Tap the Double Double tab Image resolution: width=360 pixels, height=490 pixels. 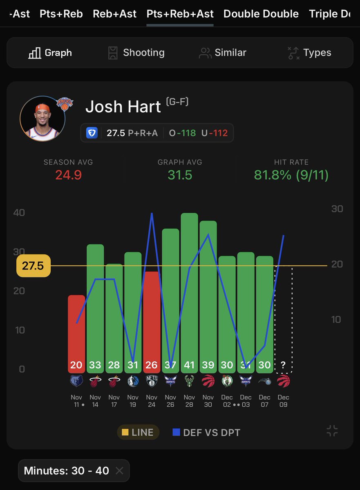point(261,14)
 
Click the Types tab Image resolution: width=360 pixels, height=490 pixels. point(309,53)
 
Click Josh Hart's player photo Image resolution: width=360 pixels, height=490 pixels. point(42,119)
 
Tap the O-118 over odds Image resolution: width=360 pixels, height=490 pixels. point(182,133)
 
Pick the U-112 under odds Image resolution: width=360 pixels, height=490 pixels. point(214,133)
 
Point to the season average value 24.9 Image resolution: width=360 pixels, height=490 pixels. point(68,175)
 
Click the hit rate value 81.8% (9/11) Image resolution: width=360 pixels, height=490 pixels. point(291,175)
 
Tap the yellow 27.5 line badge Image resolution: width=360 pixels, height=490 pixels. point(33,266)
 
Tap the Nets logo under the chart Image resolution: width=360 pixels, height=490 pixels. point(152,381)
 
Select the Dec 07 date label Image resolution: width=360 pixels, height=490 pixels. point(264,401)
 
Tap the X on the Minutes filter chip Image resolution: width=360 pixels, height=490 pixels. point(119,471)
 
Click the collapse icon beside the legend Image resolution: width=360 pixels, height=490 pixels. point(332,431)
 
